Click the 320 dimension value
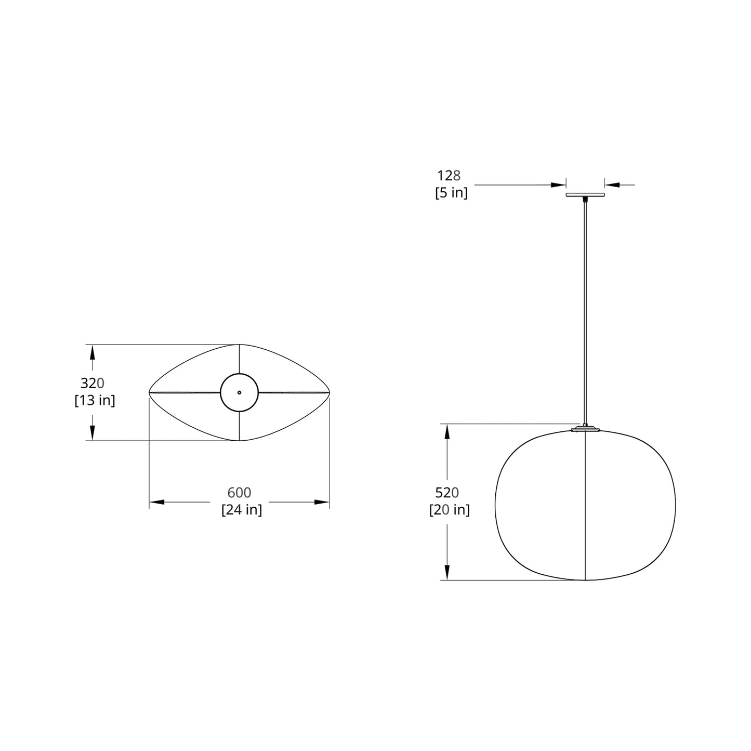(93, 384)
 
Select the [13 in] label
(95, 401)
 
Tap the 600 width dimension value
(239, 493)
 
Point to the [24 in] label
(242, 510)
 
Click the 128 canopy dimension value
(449, 176)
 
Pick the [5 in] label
(451, 193)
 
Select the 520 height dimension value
(447, 493)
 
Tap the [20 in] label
(449, 510)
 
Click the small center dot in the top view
(239, 392)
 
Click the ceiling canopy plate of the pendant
(585, 195)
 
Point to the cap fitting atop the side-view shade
(585, 429)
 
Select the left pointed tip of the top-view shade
(150, 392)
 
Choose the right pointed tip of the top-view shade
(328, 392)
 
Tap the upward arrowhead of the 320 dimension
(93, 352)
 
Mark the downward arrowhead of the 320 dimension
(93, 432)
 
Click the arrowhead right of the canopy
(611, 185)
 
